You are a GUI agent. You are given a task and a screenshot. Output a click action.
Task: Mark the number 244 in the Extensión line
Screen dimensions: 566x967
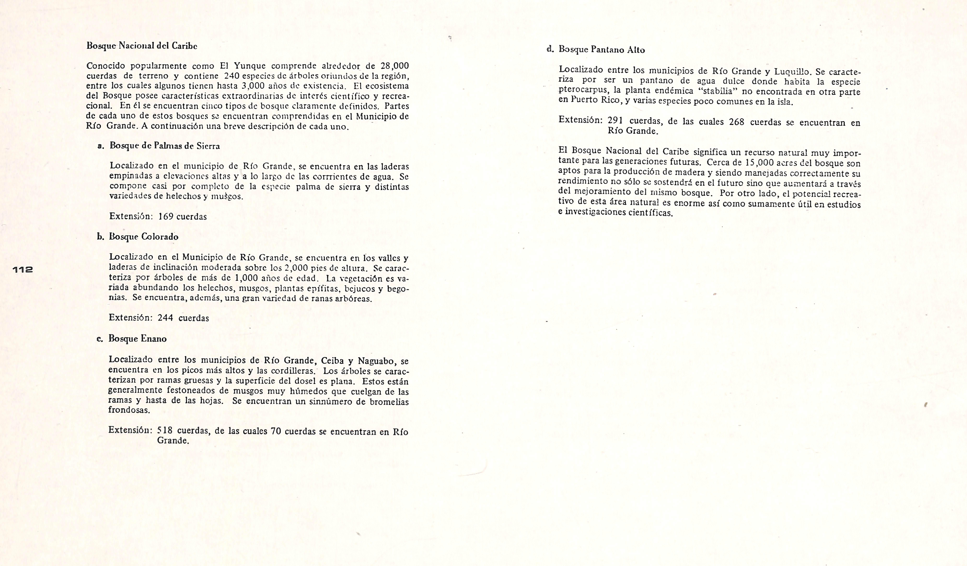click(165, 318)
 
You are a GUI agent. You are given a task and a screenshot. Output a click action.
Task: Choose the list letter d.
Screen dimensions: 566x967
click(550, 49)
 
